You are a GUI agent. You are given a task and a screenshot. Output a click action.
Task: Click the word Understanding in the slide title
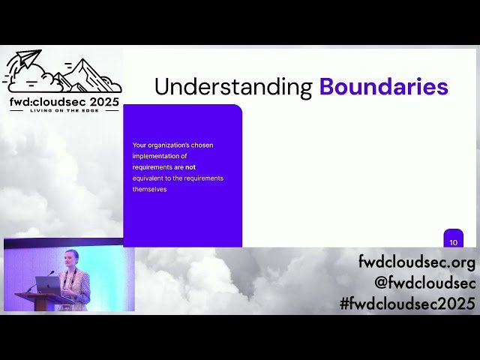click(x=233, y=87)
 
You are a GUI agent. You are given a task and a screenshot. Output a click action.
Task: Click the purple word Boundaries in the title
click(x=383, y=87)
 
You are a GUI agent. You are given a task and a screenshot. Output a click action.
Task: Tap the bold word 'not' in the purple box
click(x=190, y=167)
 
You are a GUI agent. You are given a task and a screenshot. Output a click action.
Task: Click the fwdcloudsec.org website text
click(x=417, y=263)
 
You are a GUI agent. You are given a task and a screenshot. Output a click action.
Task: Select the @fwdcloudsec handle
click(x=425, y=283)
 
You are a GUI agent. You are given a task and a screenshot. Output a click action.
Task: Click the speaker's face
click(x=72, y=259)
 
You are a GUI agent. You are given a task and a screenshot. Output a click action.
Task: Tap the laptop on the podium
click(x=47, y=285)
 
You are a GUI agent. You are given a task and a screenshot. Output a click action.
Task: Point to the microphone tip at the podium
click(x=52, y=272)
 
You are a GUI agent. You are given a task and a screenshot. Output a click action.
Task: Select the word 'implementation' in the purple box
click(x=159, y=156)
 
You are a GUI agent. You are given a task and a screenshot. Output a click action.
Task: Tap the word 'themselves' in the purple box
click(x=149, y=189)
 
